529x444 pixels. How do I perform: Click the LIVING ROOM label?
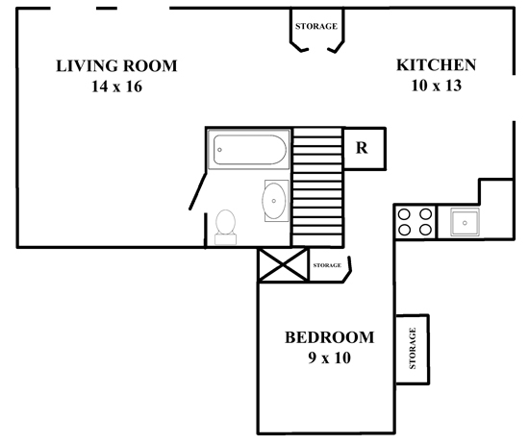click(116, 66)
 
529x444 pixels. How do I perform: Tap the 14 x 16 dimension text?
click(116, 86)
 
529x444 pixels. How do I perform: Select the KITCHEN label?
click(437, 65)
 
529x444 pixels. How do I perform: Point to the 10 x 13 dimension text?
click(437, 86)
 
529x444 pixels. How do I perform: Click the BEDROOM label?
click(330, 337)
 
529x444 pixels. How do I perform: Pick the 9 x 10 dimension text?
click(329, 358)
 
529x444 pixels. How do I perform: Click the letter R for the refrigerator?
click(362, 148)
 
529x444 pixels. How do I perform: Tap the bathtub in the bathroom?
click(249, 149)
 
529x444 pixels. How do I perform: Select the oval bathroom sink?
click(274, 201)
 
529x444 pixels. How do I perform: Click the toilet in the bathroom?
click(226, 227)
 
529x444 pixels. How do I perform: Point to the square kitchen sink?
click(465, 222)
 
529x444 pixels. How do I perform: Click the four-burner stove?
click(416, 222)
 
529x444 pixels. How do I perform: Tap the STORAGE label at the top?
click(316, 26)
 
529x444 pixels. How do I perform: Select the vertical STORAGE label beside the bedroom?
click(413, 348)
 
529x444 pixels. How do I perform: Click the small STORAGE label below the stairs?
click(327, 265)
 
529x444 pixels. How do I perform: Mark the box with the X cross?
click(283, 264)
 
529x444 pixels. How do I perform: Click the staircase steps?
click(317, 186)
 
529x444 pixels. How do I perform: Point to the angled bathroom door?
click(198, 191)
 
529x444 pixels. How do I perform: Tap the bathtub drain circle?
click(219, 150)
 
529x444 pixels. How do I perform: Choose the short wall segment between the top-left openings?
click(107, 8)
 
